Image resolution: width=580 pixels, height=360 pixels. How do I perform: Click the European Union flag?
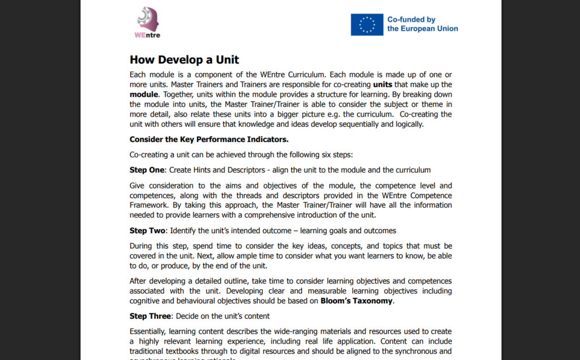366,24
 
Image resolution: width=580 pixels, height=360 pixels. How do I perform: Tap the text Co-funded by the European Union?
422,24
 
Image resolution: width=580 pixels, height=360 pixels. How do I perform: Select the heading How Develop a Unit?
184,60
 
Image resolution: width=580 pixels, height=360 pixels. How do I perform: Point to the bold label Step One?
147,170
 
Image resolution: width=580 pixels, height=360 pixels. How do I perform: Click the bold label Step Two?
147,230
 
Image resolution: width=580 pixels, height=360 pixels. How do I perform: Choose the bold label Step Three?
150,316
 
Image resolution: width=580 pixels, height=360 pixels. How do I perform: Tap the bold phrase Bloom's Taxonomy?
356,301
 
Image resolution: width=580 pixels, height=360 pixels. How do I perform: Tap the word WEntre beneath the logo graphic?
147,35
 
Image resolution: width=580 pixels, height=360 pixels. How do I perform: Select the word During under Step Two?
142,246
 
